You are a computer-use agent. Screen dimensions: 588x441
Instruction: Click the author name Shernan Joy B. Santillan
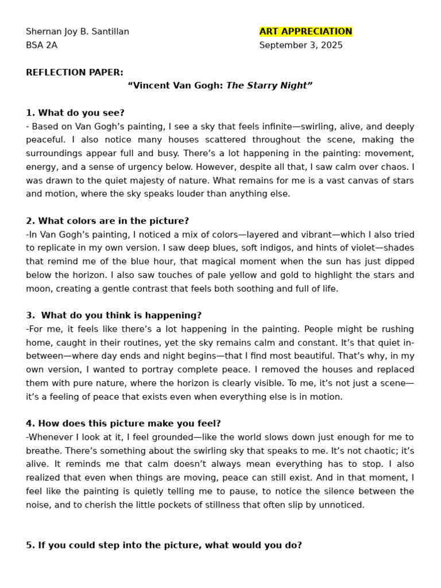(x=78, y=32)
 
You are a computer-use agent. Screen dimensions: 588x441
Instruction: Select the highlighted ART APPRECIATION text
(x=305, y=32)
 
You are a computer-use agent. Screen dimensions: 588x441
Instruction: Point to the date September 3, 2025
(x=301, y=45)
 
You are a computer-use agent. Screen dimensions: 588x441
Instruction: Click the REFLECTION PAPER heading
(x=75, y=72)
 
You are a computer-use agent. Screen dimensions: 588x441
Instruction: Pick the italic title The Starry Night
(x=266, y=86)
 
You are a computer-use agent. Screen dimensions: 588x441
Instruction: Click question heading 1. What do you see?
(x=75, y=113)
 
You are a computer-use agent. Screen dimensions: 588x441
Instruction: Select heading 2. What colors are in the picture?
(x=107, y=221)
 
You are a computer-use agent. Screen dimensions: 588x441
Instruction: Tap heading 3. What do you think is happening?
(x=114, y=315)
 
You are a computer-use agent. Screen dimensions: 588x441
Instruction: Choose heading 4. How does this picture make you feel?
(x=123, y=424)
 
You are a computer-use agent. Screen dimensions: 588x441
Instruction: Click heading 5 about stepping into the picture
(x=164, y=546)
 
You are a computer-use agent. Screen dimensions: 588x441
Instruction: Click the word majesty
(x=151, y=180)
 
